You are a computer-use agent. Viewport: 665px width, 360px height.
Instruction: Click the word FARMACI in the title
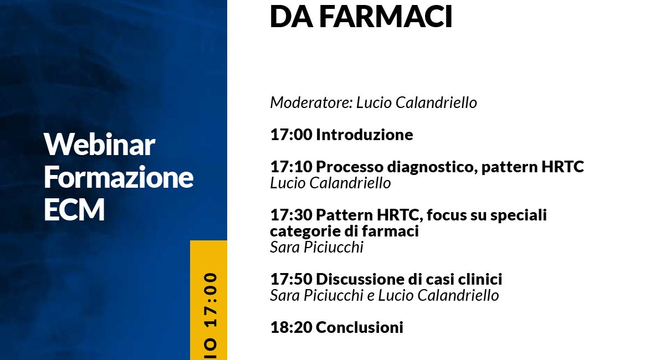(x=386, y=16)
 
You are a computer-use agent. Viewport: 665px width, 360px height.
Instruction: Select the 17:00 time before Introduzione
(x=291, y=135)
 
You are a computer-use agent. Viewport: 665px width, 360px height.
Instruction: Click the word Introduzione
(x=364, y=135)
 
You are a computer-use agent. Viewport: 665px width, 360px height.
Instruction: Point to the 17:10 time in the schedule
(x=291, y=167)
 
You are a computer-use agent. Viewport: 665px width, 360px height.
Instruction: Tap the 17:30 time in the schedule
(x=291, y=215)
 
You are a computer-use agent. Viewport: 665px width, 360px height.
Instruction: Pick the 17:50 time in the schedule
(x=291, y=279)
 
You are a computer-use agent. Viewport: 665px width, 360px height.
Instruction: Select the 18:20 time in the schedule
(x=291, y=327)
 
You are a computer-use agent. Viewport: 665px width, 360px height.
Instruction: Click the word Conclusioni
(x=359, y=327)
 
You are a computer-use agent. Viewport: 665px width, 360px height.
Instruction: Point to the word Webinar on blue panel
(x=99, y=145)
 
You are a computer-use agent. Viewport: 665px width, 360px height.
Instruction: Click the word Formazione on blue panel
(x=119, y=177)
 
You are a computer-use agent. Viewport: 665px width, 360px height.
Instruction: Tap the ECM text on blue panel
(x=74, y=209)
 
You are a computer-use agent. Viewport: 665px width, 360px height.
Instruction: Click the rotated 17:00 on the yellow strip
(x=211, y=300)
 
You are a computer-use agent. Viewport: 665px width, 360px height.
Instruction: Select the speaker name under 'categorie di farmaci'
(x=316, y=247)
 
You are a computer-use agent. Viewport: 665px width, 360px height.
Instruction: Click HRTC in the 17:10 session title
(x=562, y=167)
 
